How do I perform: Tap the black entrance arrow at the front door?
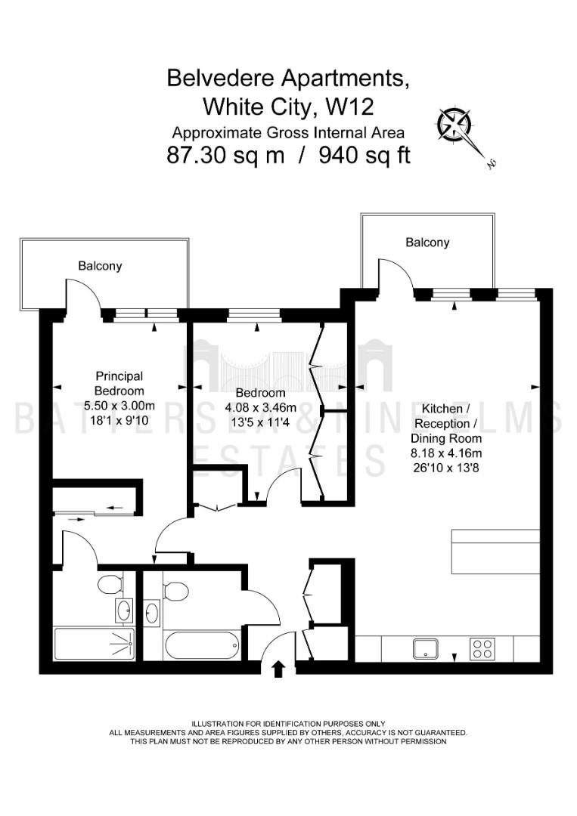coord(278,669)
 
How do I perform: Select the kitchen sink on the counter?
coord(426,648)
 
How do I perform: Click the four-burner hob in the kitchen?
coord(482,648)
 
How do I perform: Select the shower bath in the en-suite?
coord(95,644)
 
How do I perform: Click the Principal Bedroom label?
coord(119,383)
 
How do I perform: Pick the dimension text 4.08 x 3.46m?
coord(260,407)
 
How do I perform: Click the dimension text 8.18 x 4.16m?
coord(445,453)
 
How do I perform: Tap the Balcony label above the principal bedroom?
coord(100,266)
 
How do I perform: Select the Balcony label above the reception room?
coord(427,243)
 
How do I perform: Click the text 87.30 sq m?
coord(225,155)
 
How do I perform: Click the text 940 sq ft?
coord(365,155)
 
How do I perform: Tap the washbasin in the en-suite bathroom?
coord(125,610)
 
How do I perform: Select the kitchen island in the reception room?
coord(495,551)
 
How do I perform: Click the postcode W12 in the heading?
coord(350,107)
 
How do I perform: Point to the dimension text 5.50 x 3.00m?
coord(119,406)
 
